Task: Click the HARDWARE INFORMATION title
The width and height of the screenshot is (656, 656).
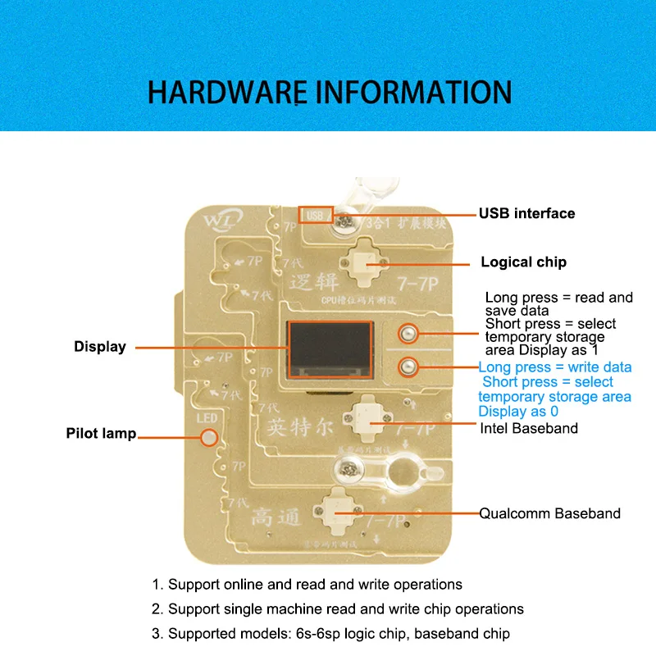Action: pos(330,92)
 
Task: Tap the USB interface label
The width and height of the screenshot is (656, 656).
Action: pos(527,213)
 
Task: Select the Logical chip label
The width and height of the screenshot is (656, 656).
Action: pos(523,262)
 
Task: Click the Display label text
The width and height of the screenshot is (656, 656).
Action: pos(100,347)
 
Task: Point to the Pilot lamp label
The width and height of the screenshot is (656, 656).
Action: pos(101,433)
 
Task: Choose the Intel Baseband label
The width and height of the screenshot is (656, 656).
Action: pos(528,428)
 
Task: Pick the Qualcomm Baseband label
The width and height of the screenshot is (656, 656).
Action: pos(549,513)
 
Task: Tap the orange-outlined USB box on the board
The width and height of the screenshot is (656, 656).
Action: pos(316,215)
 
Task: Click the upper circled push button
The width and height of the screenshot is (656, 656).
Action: pos(406,334)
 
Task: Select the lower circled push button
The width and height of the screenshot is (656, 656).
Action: pos(406,367)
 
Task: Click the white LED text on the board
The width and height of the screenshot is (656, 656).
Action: pos(205,420)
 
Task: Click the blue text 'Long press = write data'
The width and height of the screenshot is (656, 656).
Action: pos(555,367)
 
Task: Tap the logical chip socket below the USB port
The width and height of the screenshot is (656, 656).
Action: pos(367,261)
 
